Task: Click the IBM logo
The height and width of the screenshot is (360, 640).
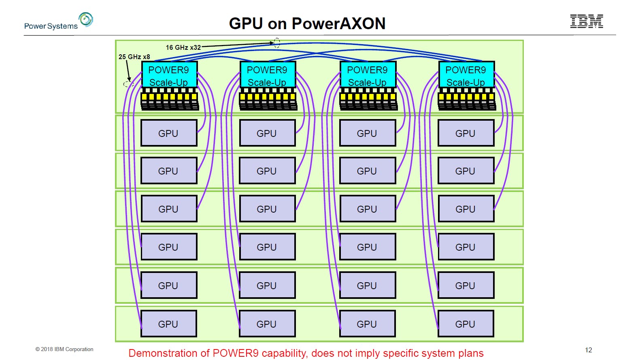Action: [587, 21]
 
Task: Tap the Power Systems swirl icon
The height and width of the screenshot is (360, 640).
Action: [86, 19]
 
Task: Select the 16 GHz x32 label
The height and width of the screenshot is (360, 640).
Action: [183, 47]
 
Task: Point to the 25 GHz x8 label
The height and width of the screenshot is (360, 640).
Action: [134, 57]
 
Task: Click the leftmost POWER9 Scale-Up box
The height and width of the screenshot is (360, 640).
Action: [169, 75]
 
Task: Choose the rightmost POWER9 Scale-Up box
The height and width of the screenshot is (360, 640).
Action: [466, 75]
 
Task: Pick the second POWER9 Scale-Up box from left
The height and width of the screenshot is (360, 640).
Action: [267, 75]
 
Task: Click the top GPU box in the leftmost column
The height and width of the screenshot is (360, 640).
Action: [168, 133]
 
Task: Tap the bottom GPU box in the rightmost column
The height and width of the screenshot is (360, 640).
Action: [466, 324]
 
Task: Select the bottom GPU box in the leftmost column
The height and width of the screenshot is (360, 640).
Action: [168, 324]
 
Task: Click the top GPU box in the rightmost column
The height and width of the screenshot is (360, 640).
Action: [466, 133]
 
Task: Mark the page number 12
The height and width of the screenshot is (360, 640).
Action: [589, 350]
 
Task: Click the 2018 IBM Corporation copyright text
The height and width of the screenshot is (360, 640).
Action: [64, 349]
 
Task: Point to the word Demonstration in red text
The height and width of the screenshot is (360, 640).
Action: [169, 353]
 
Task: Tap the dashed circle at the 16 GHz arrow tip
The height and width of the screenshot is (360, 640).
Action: [277, 43]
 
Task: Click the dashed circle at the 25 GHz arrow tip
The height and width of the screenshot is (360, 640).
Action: [128, 84]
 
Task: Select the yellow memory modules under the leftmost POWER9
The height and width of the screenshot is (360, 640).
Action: [169, 97]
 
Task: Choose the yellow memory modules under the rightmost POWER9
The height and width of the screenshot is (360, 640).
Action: [466, 97]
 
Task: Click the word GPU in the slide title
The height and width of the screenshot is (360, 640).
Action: [246, 23]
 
